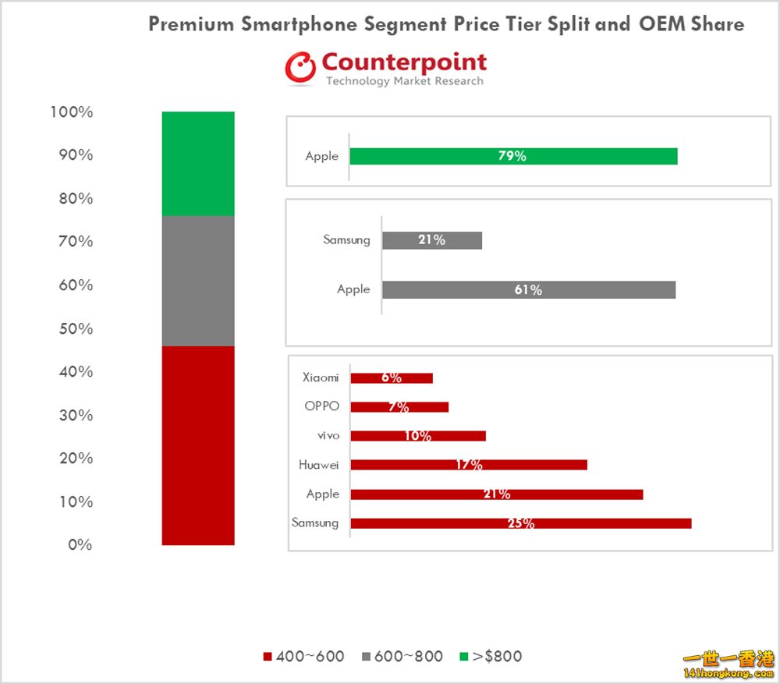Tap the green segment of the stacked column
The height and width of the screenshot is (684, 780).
(198, 163)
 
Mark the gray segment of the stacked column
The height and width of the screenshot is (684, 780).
(198, 281)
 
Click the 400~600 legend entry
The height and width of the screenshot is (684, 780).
(304, 657)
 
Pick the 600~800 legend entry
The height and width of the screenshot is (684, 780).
(402, 657)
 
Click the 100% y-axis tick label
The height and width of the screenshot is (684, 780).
(71, 112)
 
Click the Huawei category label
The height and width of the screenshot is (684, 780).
(319, 465)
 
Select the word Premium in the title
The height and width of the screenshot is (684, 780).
(191, 24)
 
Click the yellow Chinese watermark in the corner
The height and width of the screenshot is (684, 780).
(729, 662)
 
